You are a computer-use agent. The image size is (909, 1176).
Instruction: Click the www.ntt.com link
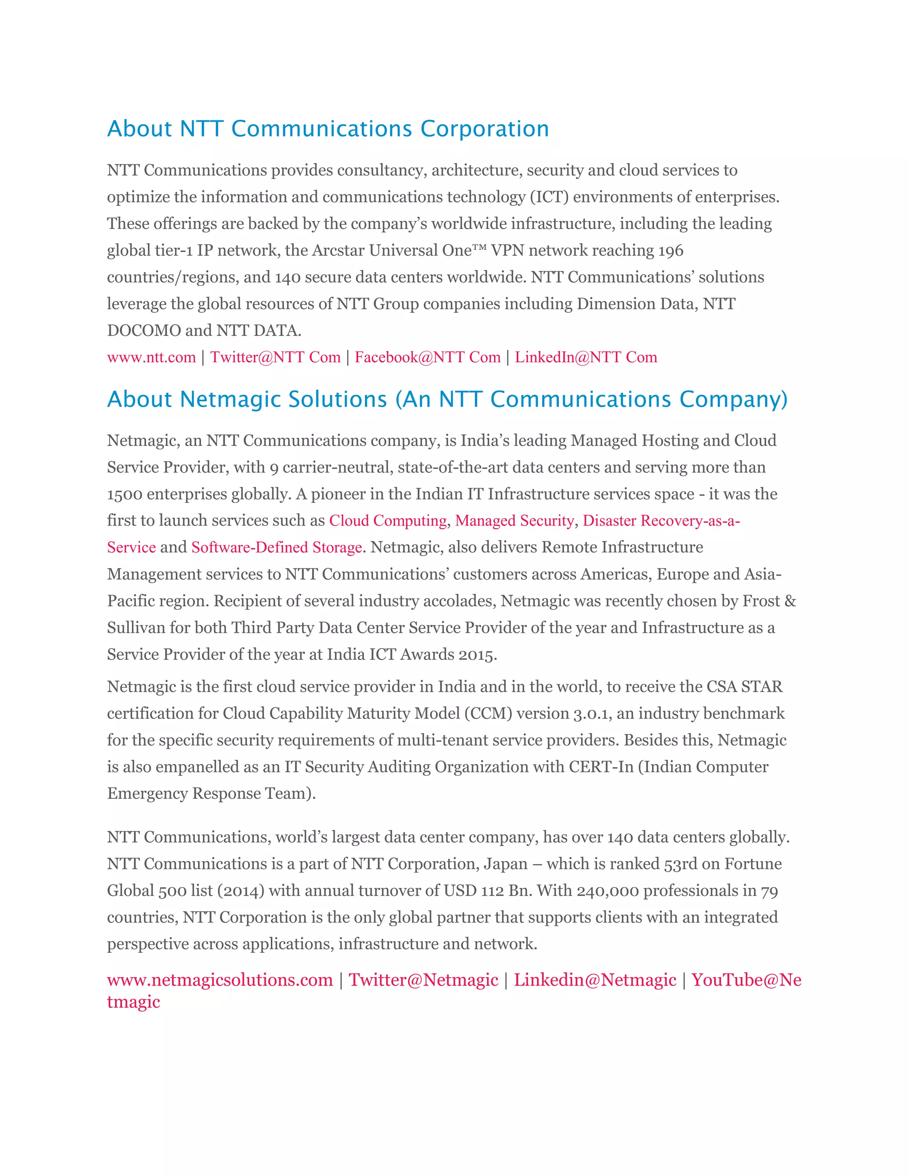click(151, 358)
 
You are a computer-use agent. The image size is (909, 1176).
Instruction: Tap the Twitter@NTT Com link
click(275, 358)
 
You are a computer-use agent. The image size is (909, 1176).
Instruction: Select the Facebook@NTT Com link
click(427, 358)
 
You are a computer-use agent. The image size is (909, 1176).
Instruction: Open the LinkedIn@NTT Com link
click(586, 358)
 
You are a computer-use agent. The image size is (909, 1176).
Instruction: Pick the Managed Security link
click(514, 521)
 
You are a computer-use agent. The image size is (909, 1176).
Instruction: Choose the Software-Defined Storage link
click(276, 548)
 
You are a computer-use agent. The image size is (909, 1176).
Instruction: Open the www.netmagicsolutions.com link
click(220, 979)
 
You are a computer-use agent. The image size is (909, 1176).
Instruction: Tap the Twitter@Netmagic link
click(423, 979)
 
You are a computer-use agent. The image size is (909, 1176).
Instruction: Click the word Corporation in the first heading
click(484, 129)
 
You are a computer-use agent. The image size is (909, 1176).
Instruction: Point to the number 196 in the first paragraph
click(671, 251)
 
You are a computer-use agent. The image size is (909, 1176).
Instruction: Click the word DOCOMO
click(144, 331)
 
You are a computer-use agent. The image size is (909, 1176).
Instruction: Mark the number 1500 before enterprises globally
click(124, 494)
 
